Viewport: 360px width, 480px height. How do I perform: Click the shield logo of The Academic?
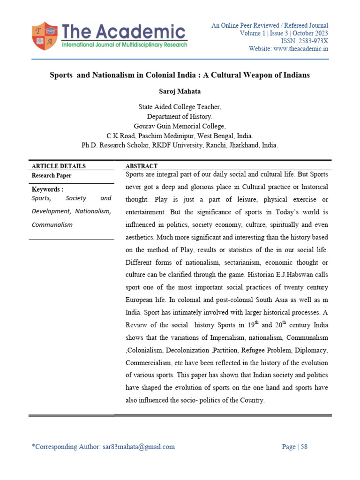pos(45,36)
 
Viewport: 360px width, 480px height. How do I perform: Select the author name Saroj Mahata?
pos(180,90)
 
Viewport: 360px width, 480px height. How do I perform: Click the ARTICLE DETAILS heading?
pos(59,166)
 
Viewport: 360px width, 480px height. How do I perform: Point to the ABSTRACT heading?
pos(142,166)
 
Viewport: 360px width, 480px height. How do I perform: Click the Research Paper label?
pos(52,176)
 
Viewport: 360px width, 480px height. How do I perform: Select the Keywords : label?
pos(47,189)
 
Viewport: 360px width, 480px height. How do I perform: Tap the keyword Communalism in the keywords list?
pos(52,225)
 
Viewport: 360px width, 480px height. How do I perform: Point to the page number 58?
pos(304,447)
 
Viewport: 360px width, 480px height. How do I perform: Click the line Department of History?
pos(180,117)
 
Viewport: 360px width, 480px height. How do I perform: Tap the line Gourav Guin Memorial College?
pos(180,126)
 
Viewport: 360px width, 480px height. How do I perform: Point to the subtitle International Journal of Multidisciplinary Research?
pos(124,45)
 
